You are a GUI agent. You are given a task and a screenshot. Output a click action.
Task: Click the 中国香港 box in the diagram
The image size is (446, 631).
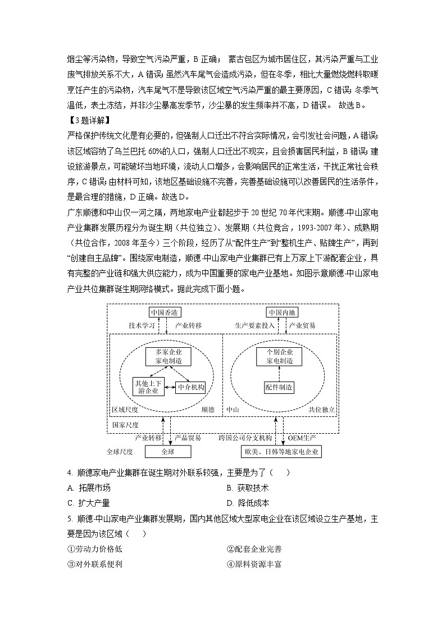[165, 312]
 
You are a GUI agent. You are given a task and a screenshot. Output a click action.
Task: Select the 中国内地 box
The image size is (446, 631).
[282, 312]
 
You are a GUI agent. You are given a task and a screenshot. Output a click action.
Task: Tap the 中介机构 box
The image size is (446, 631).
[191, 387]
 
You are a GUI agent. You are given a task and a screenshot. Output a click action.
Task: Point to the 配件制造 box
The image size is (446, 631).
[279, 387]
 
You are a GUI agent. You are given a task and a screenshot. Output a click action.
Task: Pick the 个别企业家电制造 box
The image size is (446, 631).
[279, 356]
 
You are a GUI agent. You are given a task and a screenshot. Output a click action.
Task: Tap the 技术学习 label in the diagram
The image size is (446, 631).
[142, 325]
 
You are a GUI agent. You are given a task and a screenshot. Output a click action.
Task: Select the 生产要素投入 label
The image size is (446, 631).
[254, 325]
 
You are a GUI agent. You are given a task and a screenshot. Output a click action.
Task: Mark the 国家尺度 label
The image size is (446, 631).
[125, 425]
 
